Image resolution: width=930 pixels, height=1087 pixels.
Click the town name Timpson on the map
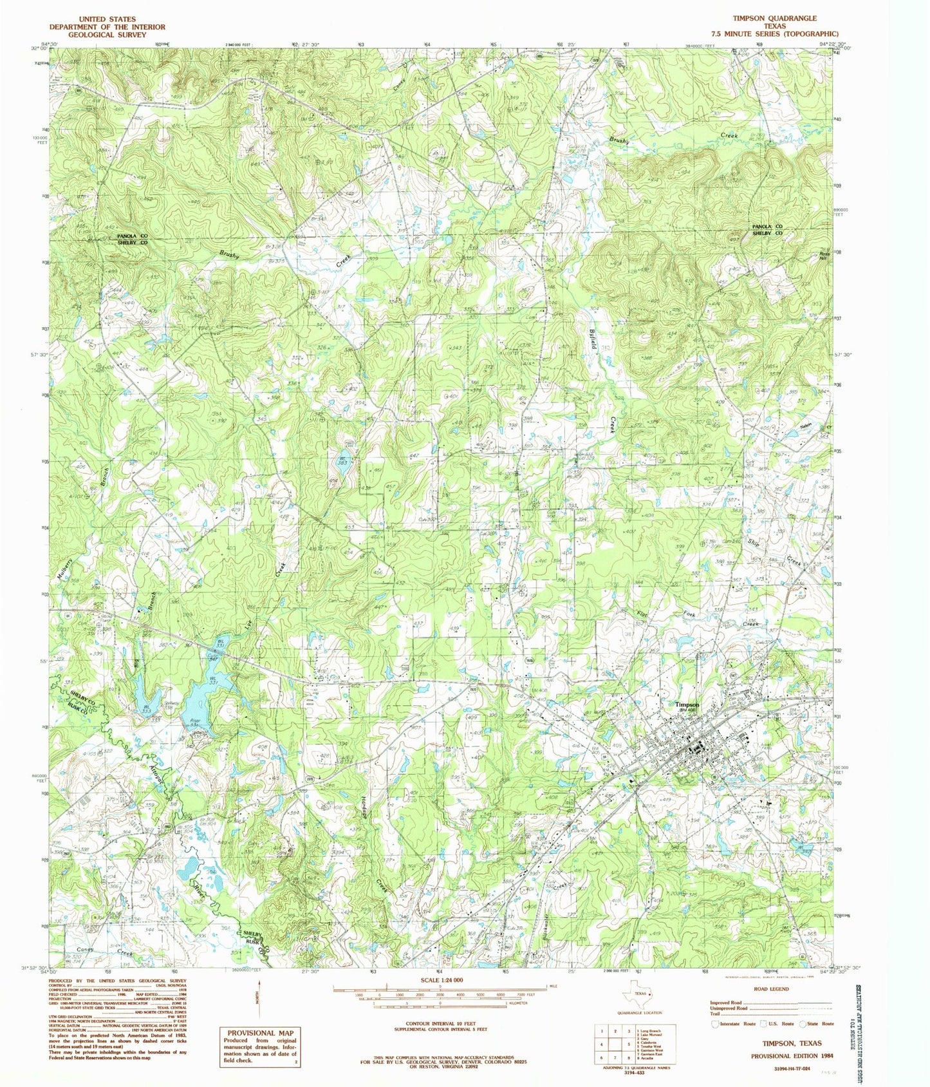pyautogui.click(x=687, y=704)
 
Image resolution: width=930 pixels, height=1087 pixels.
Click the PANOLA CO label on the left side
pyautogui.click(x=132, y=236)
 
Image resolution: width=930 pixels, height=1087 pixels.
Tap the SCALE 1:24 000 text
pyautogui.click(x=440, y=979)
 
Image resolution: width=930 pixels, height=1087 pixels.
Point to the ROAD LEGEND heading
pyautogui.click(x=771, y=988)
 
